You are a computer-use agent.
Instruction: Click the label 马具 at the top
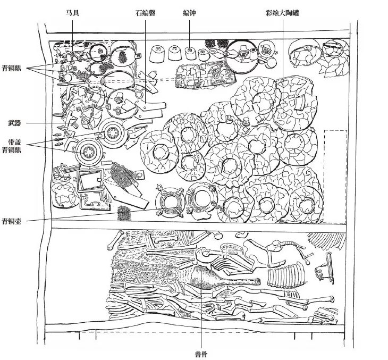(x=72, y=13)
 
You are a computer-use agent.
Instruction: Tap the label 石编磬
(x=146, y=13)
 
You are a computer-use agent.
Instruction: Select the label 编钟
(x=189, y=13)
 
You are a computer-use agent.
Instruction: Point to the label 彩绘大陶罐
(x=282, y=13)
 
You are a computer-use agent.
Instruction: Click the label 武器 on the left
(x=14, y=123)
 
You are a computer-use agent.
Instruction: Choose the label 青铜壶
(x=12, y=221)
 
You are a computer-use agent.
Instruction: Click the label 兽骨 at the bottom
(x=201, y=354)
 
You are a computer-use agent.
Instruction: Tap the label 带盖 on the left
(x=14, y=142)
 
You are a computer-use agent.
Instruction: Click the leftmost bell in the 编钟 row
(x=157, y=54)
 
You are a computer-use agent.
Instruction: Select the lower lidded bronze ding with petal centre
(x=88, y=151)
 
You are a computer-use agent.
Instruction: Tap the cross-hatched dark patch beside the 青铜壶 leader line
(x=124, y=213)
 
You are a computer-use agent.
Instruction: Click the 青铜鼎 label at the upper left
(x=12, y=69)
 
